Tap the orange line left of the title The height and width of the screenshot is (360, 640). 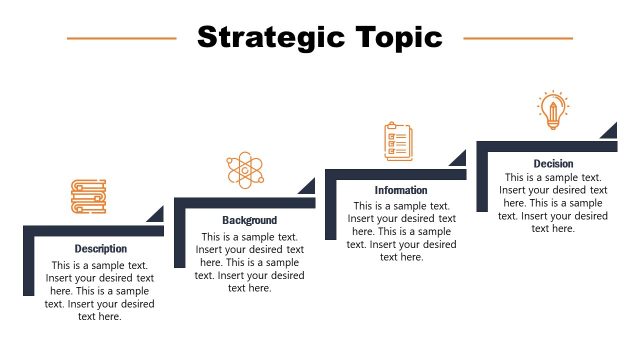121,39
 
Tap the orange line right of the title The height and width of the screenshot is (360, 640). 518,39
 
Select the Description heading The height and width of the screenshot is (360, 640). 101,248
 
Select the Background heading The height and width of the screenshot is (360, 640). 249,220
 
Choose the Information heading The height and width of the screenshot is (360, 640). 401,190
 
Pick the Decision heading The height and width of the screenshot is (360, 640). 553,163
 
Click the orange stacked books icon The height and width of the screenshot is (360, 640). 88,196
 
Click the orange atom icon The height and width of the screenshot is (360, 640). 245,169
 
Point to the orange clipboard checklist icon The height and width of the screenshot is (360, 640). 398,141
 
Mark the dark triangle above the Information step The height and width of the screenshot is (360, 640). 459,158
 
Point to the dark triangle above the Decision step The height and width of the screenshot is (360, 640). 610,130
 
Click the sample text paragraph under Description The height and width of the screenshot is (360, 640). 100,291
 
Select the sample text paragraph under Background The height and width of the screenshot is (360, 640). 250,263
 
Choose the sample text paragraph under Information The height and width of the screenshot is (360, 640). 401,232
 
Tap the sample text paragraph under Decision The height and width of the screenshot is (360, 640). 553,203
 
